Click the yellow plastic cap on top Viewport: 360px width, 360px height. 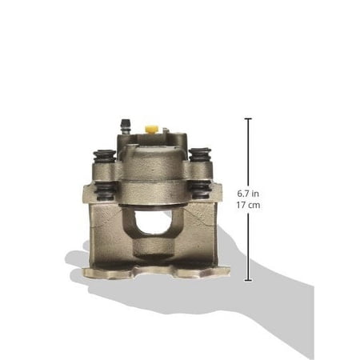(x=152, y=129)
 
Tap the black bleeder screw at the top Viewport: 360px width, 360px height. (x=124, y=126)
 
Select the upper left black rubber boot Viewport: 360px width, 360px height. (x=104, y=156)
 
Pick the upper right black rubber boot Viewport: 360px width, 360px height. (x=200, y=154)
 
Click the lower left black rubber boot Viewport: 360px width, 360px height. (x=105, y=190)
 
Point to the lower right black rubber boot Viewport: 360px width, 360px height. (x=200, y=190)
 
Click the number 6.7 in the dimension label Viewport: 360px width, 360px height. (x=243, y=194)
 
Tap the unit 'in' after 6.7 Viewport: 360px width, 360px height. (x=255, y=194)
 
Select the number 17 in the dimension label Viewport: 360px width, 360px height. (x=241, y=205)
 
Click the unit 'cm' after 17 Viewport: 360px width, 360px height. (x=254, y=206)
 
